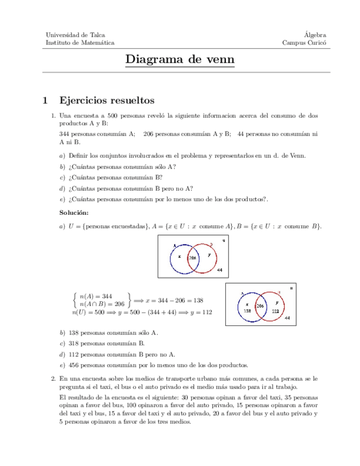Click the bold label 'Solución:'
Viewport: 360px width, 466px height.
coord(74,212)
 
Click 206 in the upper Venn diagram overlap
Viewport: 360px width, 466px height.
coord(193,258)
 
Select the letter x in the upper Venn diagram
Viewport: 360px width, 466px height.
coord(179,256)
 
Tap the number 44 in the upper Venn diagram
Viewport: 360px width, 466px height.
coord(220,271)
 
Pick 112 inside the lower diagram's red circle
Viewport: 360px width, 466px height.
coord(276,311)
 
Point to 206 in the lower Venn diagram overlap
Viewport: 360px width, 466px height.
coord(261,305)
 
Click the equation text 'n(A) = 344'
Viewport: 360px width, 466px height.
coord(96,296)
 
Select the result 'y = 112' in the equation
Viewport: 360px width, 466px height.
coord(198,312)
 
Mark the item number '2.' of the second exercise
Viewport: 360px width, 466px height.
coord(53,379)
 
